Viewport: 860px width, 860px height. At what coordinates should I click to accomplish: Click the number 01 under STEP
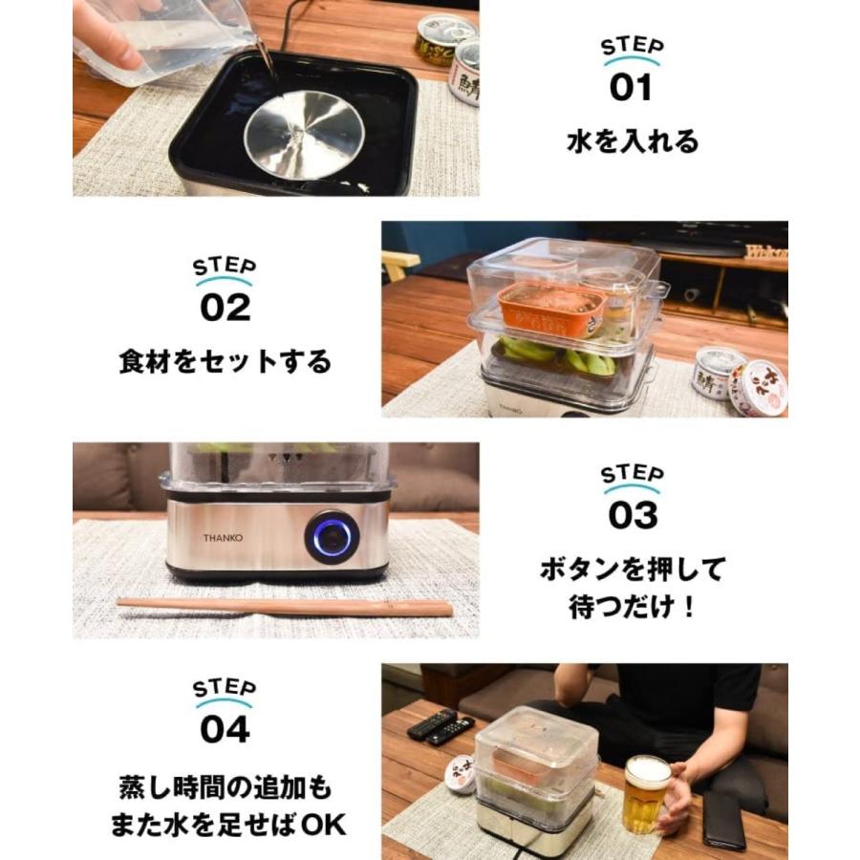pyautogui.click(x=631, y=88)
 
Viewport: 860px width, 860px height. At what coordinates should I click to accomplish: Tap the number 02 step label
pyautogui.click(x=225, y=308)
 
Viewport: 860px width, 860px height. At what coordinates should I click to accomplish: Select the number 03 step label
pyautogui.click(x=632, y=514)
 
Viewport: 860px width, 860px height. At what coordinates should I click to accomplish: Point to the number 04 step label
pyautogui.click(x=225, y=729)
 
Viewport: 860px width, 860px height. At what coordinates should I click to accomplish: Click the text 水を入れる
pyautogui.click(x=632, y=142)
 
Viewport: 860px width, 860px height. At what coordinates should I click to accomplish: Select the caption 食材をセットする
pyautogui.click(x=225, y=362)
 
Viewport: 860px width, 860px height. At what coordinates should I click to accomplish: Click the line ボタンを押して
pyautogui.click(x=632, y=570)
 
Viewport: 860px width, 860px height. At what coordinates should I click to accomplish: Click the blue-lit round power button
pyautogui.click(x=332, y=537)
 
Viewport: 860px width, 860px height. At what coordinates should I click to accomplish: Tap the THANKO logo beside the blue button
pyautogui.click(x=222, y=538)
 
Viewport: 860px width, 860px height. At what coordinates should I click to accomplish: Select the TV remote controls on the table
pyautogui.click(x=441, y=728)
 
